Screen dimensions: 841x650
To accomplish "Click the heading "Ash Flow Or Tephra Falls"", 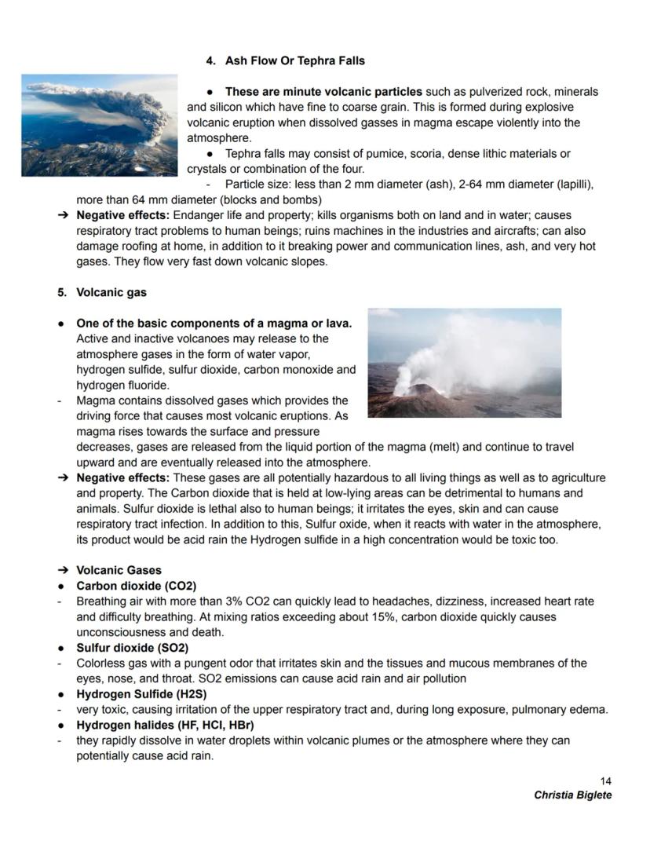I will [x=294, y=60].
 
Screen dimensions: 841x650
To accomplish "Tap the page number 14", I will [x=604, y=781].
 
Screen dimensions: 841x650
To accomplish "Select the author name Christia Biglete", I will [x=572, y=795].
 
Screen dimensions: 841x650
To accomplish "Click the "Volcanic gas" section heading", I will [x=111, y=292].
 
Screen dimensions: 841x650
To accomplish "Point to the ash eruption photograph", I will [x=100, y=125].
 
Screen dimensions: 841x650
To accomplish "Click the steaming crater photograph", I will [x=464, y=362].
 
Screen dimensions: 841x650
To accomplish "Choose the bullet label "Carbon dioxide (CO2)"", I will [x=136, y=586].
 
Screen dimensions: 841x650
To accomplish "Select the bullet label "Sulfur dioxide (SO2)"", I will [x=132, y=648].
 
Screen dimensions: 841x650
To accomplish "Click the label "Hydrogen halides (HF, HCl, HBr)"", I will [x=165, y=725].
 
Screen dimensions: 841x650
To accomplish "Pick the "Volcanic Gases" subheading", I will [x=119, y=570].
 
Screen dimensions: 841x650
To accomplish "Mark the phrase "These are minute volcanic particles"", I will [x=323, y=92].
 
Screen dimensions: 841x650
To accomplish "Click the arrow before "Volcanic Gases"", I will [x=62, y=570].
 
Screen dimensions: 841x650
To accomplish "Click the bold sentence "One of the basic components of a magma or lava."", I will [x=214, y=324].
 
